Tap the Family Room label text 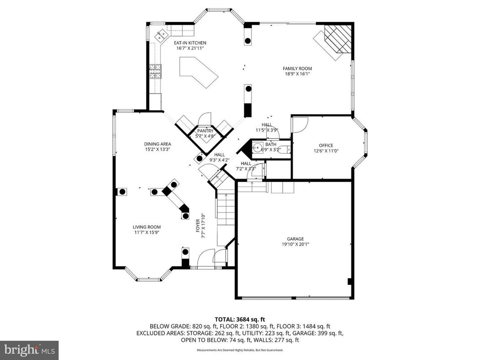tap(297, 69)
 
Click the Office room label tap(326, 146)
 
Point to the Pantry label tap(205, 131)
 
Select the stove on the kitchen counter tap(155, 70)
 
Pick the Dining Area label tap(157, 144)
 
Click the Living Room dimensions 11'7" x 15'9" tap(147, 232)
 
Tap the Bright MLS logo tap(29, 349)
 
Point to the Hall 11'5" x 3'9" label tap(267, 128)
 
